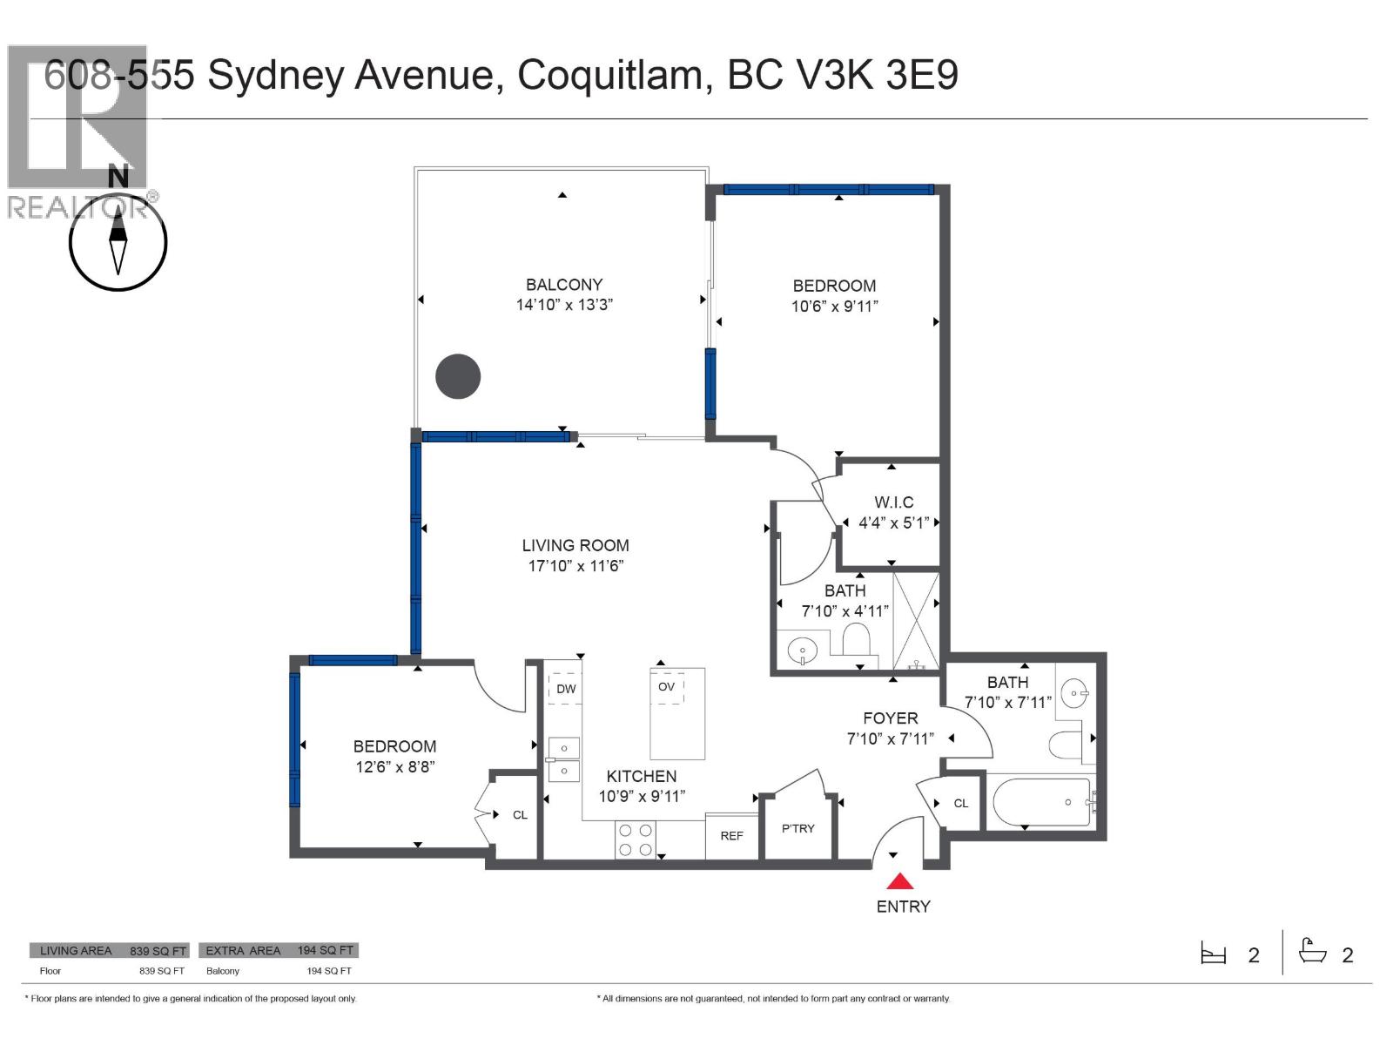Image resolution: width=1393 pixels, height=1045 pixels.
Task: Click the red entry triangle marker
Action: coord(903,881)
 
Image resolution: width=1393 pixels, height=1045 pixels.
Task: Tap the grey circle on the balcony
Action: coord(458,377)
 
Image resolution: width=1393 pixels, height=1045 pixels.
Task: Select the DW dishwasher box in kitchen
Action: coord(566,688)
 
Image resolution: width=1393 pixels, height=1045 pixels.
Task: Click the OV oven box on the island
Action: coord(667,687)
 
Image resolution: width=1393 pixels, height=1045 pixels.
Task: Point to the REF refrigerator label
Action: coord(731,836)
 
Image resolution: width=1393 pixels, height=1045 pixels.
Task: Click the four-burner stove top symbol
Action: coord(636,839)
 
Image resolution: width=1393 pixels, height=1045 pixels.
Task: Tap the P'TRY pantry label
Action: coord(797,828)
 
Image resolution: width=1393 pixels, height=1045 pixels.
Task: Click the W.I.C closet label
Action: coord(894,502)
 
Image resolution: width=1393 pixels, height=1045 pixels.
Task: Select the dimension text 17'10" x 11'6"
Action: coord(575,566)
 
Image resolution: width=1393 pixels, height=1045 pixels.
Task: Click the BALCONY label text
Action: coord(564,285)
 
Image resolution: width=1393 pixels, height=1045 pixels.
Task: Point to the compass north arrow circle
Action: coord(118,241)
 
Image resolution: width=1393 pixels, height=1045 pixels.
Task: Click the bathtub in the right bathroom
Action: coord(1041,802)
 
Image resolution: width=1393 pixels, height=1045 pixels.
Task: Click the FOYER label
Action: coord(890,718)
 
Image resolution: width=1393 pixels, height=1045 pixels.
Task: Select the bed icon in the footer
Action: coord(1214,954)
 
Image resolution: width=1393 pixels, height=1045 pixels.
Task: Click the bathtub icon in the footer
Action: coord(1312,952)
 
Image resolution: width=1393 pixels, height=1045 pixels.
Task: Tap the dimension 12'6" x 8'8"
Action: coord(394,767)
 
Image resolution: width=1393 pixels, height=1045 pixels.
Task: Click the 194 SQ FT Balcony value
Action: coord(329,971)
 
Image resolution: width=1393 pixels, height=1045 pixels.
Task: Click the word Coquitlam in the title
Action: coord(610,75)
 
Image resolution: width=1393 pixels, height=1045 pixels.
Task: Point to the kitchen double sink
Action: coord(564,759)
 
